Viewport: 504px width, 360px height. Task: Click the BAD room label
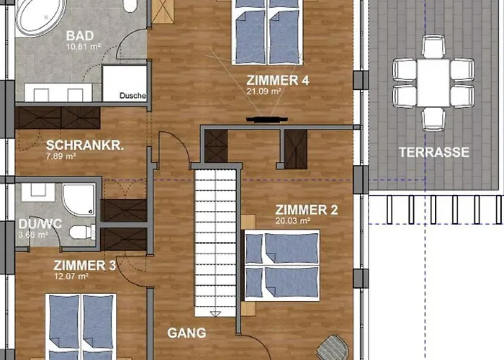(x=79, y=36)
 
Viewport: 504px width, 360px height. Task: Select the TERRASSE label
(x=435, y=153)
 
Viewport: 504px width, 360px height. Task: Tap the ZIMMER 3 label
(x=84, y=266)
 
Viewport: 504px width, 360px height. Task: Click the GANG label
(x=186, y=333)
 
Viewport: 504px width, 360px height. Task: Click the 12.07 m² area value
(x=70, y=276)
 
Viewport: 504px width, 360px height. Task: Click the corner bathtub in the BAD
(x=40, y=16)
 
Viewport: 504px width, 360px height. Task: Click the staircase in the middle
(x=216, y=238)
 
